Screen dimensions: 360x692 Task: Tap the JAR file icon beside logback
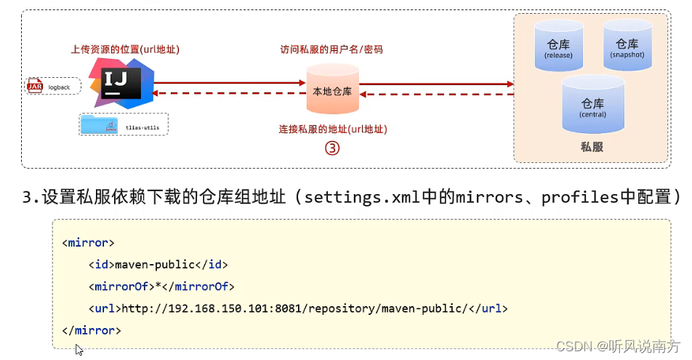click(35, 87)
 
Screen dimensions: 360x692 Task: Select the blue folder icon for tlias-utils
click(100, 124)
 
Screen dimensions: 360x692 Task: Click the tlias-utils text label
click(142, 127)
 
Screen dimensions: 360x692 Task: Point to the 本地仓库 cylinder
click(332, 89)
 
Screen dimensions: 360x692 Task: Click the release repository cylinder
click(558, 46)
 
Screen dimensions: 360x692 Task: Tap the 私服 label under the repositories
click(592, 147)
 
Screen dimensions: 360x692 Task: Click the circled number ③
click(332, 148)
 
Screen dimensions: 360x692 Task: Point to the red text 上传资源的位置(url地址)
click(124, 49)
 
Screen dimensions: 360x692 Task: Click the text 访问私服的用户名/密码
click(331, 50)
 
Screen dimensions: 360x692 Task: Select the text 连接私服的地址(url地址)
click(333, 129)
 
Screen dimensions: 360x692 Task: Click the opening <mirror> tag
click(88, 242)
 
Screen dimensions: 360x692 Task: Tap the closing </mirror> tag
click(91, 330)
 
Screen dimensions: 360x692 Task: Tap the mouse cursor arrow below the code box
click(79, 349)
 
